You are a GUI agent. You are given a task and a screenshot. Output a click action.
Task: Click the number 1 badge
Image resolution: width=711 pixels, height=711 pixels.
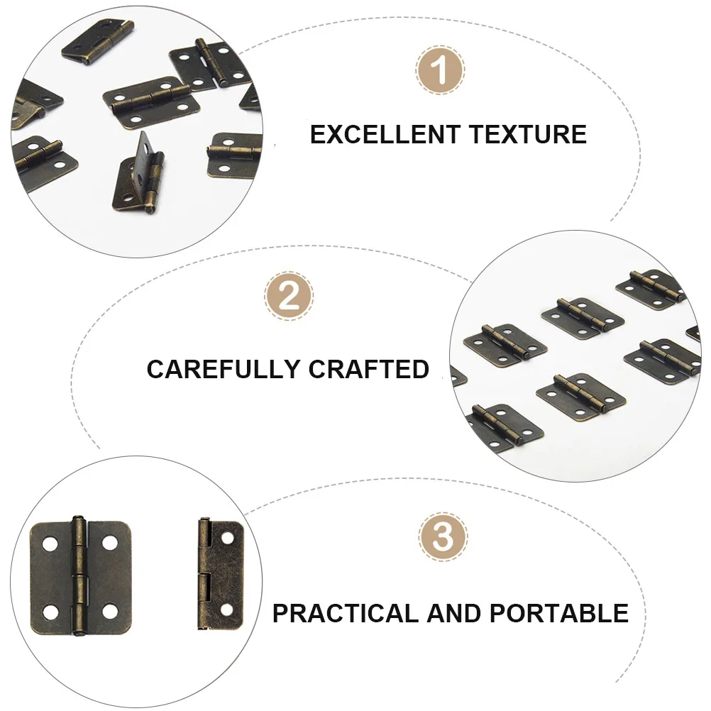coord(440,71)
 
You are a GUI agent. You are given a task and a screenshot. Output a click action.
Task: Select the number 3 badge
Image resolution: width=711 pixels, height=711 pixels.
coord(443,537)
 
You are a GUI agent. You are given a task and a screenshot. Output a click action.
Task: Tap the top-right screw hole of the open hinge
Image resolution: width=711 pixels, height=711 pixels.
coord(109,543)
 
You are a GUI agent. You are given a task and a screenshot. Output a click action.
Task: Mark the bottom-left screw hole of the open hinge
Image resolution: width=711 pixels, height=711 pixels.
coord(50,611)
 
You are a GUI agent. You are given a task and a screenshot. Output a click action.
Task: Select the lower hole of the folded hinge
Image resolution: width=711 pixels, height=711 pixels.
coord(227,609)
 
